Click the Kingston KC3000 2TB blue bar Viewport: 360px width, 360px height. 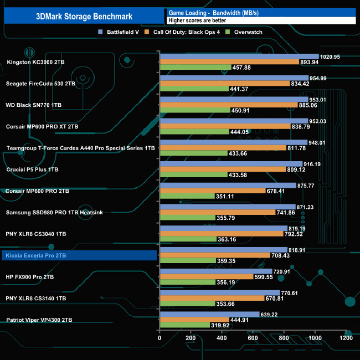pos(239,56)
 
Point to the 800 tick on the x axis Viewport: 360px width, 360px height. pos(284,338)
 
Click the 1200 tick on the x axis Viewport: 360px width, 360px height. pos(346,338)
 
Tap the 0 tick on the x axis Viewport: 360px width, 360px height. pos(160,338)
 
